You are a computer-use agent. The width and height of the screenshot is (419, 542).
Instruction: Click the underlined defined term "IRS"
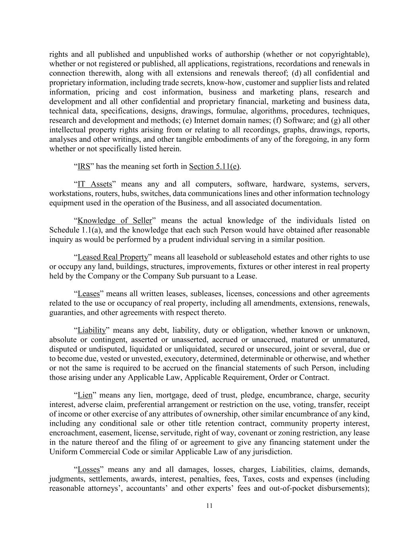[84, 166]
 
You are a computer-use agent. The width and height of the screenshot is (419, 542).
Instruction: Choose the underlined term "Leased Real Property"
[113, 257]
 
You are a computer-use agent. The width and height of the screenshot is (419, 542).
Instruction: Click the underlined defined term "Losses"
[89, 470]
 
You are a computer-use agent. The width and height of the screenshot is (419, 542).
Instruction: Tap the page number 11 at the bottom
[210, 505]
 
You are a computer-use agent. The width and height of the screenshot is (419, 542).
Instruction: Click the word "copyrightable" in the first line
[341, 54]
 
